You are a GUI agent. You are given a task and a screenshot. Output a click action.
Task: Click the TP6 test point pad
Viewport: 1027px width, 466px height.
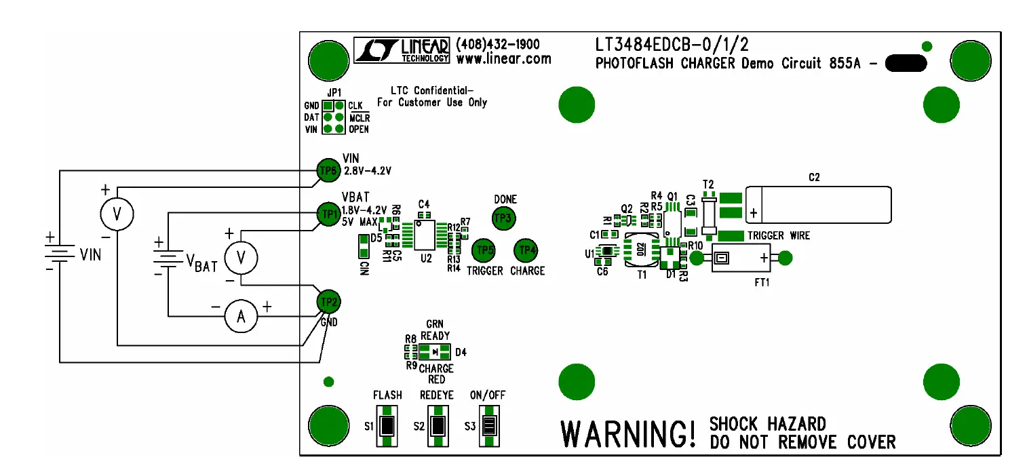(x=328, y=170)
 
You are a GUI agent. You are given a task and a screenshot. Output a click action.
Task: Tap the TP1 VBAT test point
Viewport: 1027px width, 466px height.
(x=329, y=214)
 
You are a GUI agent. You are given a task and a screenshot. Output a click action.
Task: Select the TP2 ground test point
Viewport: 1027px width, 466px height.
(x=329, y=301)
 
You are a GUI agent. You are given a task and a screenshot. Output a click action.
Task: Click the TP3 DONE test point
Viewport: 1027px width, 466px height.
(x=503, y=218)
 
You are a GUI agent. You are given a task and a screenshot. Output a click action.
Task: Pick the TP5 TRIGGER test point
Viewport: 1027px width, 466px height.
(x=483, y=250)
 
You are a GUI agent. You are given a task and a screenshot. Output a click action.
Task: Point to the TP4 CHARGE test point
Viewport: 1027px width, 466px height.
(x=526, y=250)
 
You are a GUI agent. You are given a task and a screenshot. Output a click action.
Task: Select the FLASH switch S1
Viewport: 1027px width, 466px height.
(x=387, y=426)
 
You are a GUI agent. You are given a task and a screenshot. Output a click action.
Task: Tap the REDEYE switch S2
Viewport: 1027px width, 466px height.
(x=438, y=426)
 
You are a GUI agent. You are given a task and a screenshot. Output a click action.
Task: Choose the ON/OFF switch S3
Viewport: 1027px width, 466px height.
(x=488, y=426)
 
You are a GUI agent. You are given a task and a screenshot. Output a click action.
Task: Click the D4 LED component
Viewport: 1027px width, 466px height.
(x=434, y=351)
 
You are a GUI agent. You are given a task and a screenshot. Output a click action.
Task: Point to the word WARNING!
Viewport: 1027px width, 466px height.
(x=627, y=433)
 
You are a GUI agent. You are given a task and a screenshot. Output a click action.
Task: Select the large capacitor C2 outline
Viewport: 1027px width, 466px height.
(x=818, y=205)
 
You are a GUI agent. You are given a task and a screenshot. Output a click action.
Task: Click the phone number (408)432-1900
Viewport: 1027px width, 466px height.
(x=499, y=44)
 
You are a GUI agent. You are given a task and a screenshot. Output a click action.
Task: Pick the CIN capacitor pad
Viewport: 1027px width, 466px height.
(x=362, y=246)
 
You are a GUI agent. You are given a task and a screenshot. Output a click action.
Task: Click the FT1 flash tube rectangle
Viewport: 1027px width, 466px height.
(x=743, y=258)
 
